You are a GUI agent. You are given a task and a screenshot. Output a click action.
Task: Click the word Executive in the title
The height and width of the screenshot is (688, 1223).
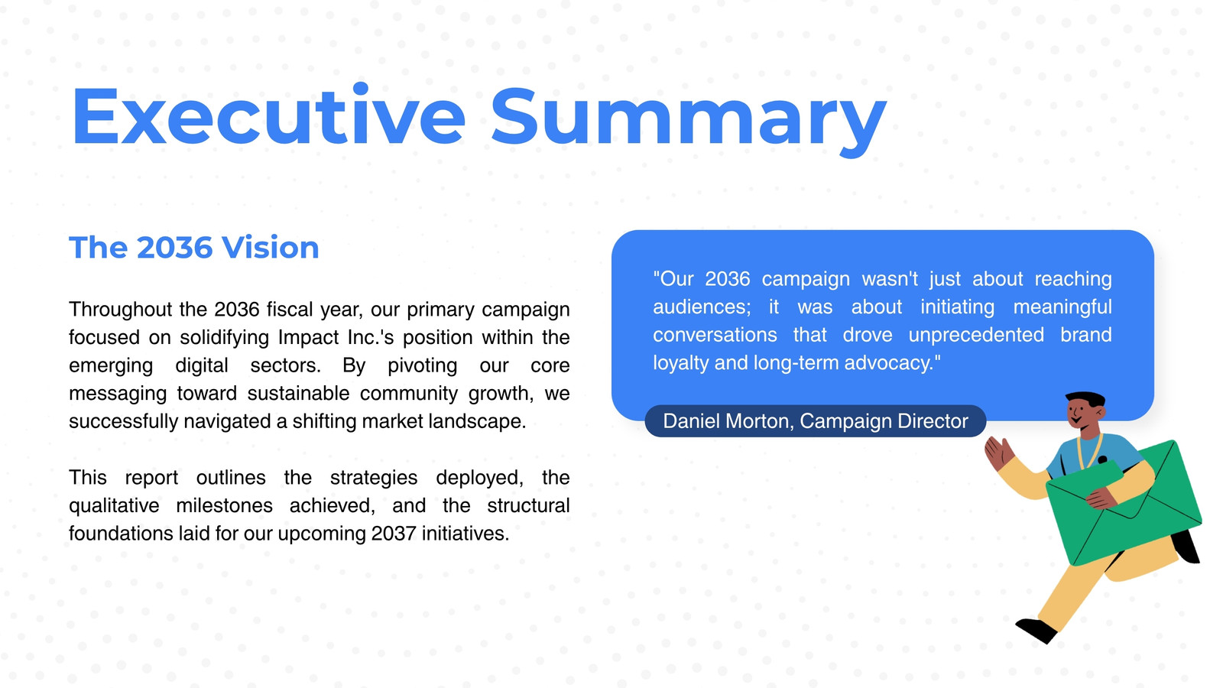click(268, 115)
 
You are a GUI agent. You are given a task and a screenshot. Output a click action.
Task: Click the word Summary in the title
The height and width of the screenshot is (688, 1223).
click(689, 122)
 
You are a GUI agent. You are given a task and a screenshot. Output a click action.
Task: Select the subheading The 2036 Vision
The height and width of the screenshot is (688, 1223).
click(194, 248)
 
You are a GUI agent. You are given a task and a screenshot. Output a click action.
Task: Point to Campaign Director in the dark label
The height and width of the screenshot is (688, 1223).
click(884, 421)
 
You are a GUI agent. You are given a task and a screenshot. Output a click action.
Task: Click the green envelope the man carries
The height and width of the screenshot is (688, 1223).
click(1124, 502)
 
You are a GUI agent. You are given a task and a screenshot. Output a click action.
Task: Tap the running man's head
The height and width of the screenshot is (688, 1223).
click(1085, 411)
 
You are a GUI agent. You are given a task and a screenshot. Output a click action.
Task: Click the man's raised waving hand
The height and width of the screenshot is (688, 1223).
click(998, 452)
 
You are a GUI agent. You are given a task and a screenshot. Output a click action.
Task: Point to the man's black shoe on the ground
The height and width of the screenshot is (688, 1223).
click(1036, 630)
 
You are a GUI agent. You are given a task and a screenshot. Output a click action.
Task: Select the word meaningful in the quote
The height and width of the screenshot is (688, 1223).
click(1062, 307)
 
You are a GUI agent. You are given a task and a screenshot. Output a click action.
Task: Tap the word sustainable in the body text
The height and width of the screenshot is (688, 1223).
click(298, 393)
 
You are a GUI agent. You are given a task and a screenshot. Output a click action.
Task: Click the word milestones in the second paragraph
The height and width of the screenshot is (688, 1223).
click(224, 505)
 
